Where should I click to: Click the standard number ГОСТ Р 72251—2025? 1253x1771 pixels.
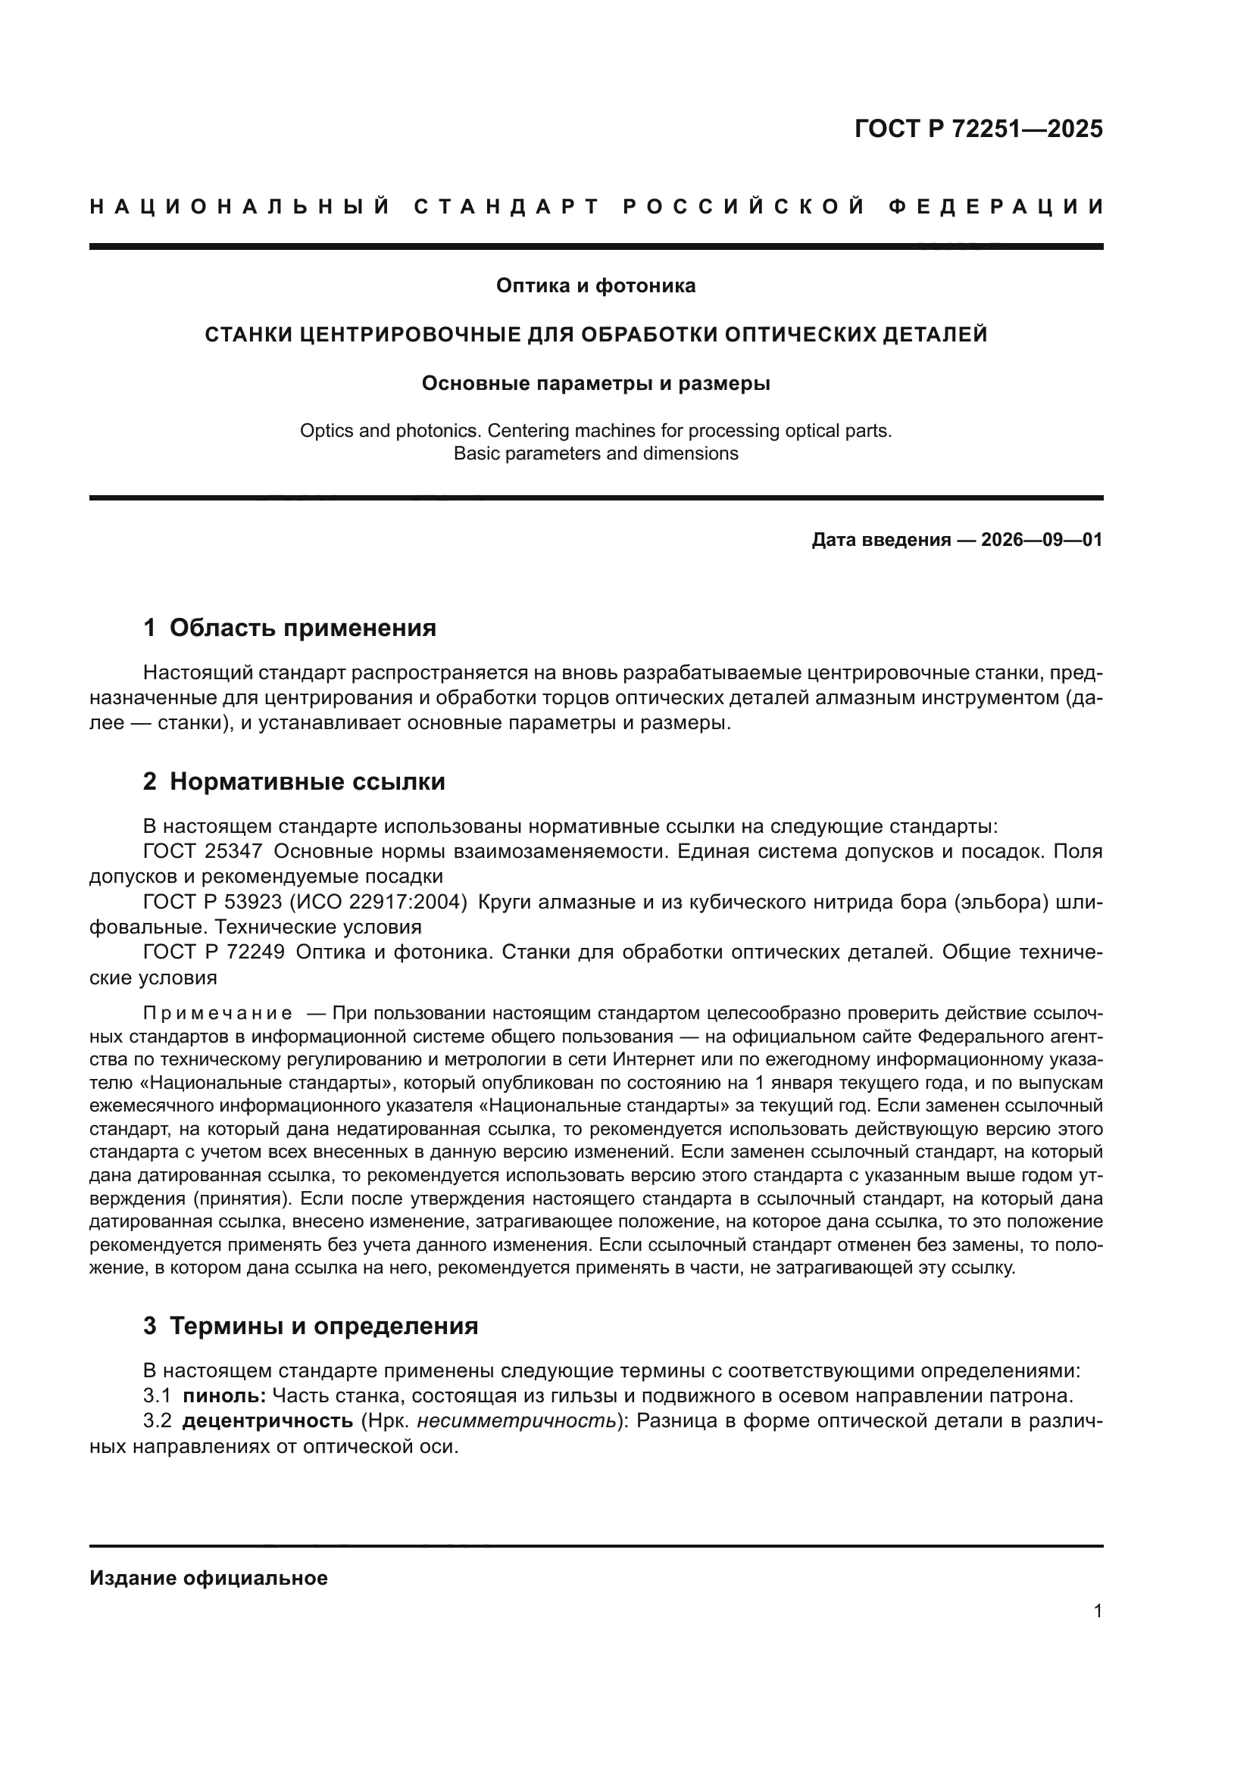point(977,129)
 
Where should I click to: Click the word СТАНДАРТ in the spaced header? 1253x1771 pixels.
point(507,207)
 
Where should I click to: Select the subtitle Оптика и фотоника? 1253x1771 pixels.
point(595,286)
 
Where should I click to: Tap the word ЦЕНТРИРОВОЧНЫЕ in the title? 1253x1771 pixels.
point(399,335)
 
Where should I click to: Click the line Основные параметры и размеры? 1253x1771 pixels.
point(595,383)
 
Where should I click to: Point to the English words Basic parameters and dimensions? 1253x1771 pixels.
point(595,454)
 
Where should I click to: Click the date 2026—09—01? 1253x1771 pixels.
point(1042,540)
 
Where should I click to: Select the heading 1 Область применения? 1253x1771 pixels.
point(290,628)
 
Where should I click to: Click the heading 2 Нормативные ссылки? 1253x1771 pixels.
point(294,782)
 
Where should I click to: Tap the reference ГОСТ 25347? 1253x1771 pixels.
point(203,852)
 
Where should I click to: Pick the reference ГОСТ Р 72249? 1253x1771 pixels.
point(214,953)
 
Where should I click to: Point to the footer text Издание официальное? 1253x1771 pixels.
point(208,1578)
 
